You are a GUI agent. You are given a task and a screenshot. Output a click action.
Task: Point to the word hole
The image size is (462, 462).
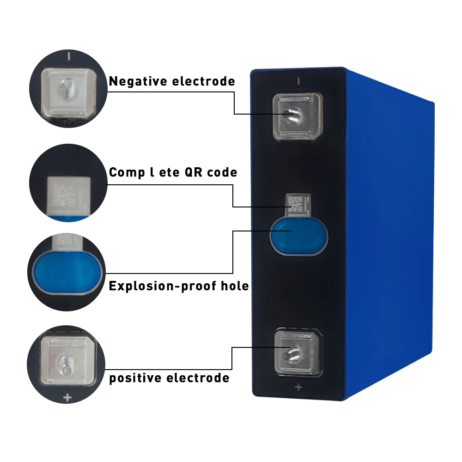(235, 286)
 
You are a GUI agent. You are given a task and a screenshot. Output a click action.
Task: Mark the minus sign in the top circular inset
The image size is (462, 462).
(69, 57)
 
